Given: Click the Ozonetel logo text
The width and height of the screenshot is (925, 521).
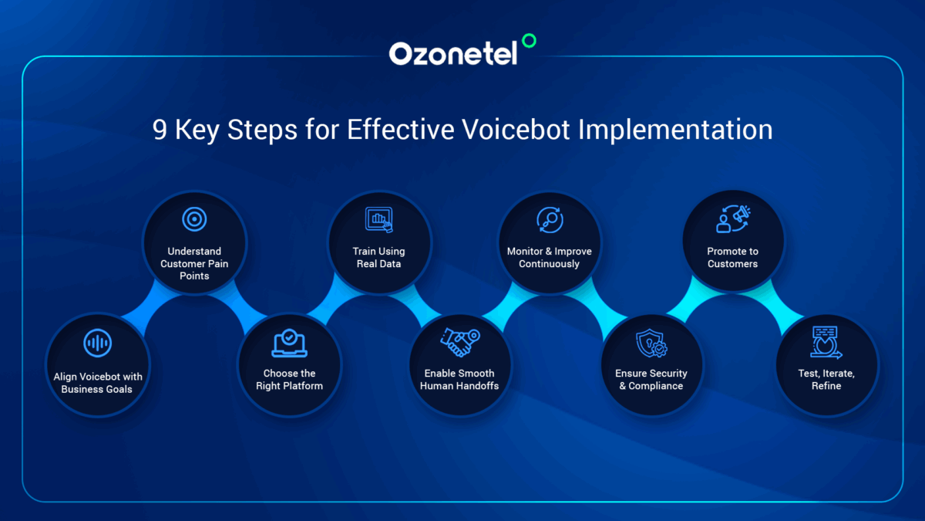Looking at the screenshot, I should tap(452, 53).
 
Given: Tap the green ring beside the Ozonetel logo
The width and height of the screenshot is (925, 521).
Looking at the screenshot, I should tap(528, 40).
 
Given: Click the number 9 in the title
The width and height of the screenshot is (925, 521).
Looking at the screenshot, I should tap(159, 130).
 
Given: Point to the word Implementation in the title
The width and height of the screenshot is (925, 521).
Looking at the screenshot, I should tap(675, 130).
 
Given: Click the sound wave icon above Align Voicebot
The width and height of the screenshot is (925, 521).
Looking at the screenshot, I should tap(98, 343).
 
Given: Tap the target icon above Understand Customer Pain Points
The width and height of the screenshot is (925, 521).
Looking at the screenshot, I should tap(194, 219).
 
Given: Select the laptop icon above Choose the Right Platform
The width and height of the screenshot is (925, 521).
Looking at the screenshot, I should tap(289, 342).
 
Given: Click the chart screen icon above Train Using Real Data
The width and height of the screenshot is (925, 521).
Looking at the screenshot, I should tap(378, 220).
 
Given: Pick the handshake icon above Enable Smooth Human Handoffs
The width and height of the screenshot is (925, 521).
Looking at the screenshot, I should tap(460, 341).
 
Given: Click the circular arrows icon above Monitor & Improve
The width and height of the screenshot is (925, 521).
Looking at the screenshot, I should tap(550, 219).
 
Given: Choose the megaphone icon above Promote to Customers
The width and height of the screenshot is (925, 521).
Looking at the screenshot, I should tap(733, 219).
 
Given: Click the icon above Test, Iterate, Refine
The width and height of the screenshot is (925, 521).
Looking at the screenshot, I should tap(826, 342).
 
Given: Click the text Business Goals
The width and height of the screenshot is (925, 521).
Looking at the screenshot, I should tap(97, 389).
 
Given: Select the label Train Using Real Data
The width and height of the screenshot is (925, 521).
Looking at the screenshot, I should tap(378, 257).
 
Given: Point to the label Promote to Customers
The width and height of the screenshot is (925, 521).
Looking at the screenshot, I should tap(732, 257).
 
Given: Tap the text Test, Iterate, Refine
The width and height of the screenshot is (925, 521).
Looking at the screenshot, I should tap(826, 379).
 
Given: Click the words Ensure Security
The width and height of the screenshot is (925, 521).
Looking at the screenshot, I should tap(651, 373).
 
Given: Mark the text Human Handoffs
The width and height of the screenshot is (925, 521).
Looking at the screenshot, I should tap(459, 385).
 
